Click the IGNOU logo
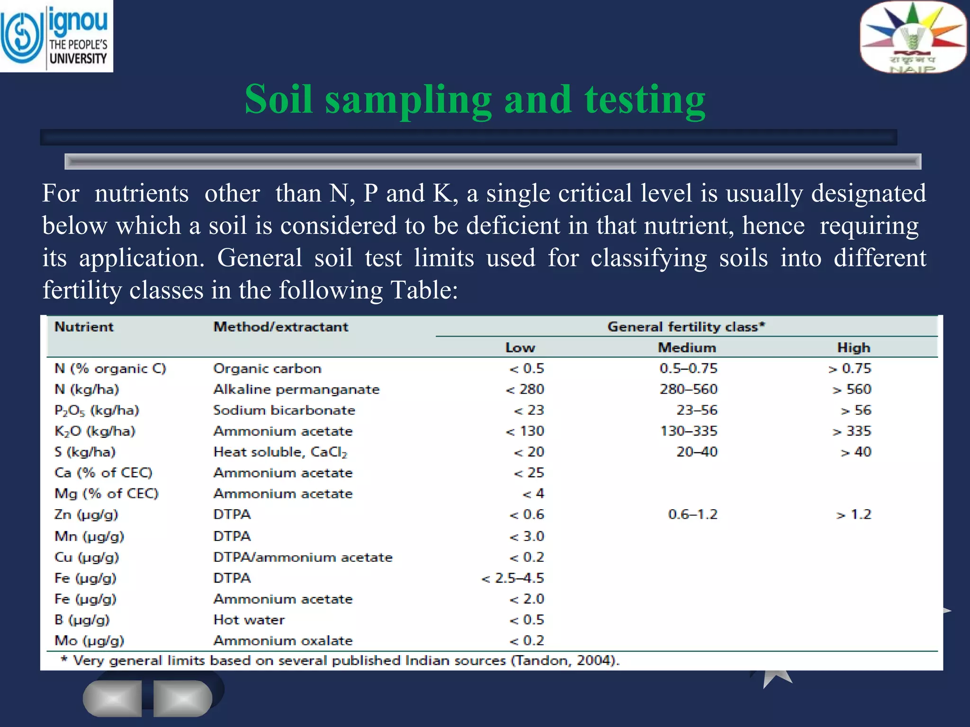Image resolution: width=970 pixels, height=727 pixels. (x=56, y=36)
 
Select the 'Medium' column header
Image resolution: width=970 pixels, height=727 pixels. (x=687, y=348)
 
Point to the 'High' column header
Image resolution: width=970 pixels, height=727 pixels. (x=853, y=348)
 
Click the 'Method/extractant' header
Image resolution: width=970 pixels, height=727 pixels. (x=280, y=327)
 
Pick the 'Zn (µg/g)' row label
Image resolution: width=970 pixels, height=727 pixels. (x=86, y=515)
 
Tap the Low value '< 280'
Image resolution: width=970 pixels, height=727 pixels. (x=525, y=390)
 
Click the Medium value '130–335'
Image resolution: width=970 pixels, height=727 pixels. (x=689, y=431)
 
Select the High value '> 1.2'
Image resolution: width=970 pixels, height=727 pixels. (x=853, y=515)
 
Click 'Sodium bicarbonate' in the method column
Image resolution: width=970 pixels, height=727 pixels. (x=284, y=410)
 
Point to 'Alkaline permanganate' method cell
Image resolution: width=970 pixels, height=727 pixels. (x=296, y=390)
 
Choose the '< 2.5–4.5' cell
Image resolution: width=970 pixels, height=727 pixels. (x=512, y=578)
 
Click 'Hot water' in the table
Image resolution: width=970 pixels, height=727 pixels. (x=249, y=620)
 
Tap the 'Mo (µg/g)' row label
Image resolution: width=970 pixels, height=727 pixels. (x=89, y=641)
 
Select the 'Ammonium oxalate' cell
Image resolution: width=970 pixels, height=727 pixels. (x=283, y=641)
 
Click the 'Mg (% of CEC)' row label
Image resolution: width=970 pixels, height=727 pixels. (x=106, y=494)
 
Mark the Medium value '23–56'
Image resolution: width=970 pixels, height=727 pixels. (x=697, y=410)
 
